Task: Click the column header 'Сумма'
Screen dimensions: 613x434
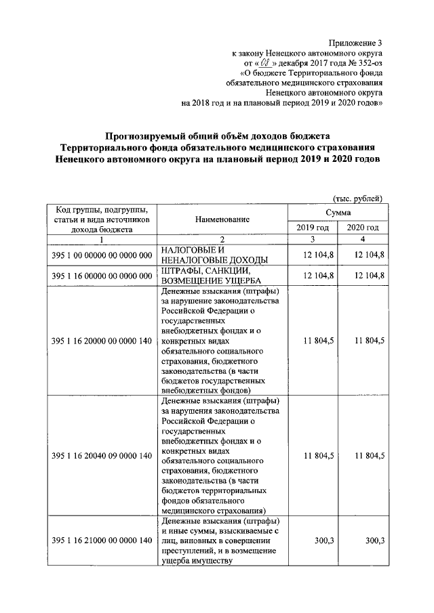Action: click(x=337, y=212)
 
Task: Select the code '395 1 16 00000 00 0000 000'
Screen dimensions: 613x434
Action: click(x=101, y=276)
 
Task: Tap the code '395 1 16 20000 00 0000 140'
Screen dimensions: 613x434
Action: click(x=101, y=341)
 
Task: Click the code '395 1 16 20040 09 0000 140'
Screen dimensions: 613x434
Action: click(x=101, y=455)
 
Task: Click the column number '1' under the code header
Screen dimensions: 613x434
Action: click(x=101, y=239)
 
